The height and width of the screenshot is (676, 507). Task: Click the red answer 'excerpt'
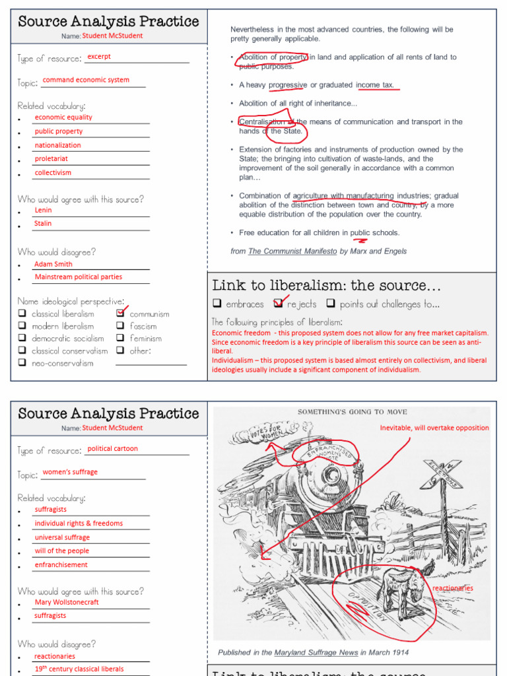pos(99,57)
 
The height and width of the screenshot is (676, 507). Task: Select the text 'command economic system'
pos(86,81)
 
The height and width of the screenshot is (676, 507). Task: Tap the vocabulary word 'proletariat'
pos(51,159)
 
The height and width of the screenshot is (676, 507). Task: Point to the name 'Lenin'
pos(43,211)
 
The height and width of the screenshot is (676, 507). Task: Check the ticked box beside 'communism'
pos(120,313)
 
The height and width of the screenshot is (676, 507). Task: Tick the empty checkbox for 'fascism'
pos(120,326)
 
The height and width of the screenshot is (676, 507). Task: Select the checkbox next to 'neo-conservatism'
pos(22,363)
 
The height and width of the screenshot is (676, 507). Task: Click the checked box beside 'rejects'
pos(278,304)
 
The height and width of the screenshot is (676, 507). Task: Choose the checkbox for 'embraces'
pos(217,304)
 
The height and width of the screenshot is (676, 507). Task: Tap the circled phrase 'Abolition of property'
pos(273,57)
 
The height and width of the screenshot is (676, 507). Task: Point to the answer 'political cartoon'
pos(112,449)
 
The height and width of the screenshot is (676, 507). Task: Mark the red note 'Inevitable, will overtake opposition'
pos(434,428)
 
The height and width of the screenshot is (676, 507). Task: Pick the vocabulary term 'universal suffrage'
pos(62,537)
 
